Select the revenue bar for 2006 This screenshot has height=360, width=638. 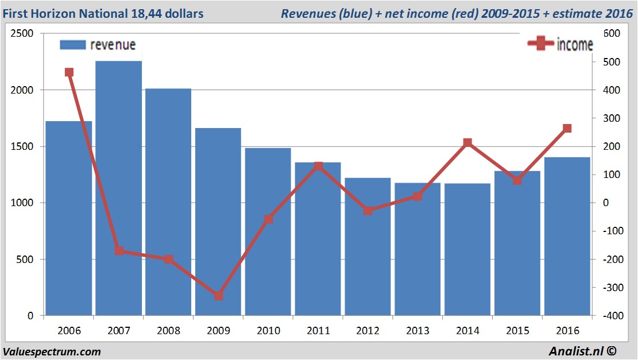tap(69, 218)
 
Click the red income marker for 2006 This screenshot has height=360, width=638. tap(69, 72)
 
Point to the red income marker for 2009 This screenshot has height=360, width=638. tap(218, 296)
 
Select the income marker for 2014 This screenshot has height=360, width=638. tap(467, 142)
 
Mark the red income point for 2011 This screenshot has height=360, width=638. tap(318, 167)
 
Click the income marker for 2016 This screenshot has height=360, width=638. tap(567, 129)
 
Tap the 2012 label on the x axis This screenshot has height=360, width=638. tap(368, 331)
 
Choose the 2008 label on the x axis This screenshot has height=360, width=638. tap(168, 331)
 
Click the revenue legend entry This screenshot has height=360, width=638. tap(98, 45)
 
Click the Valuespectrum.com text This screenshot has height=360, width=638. tap(52, 351)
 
